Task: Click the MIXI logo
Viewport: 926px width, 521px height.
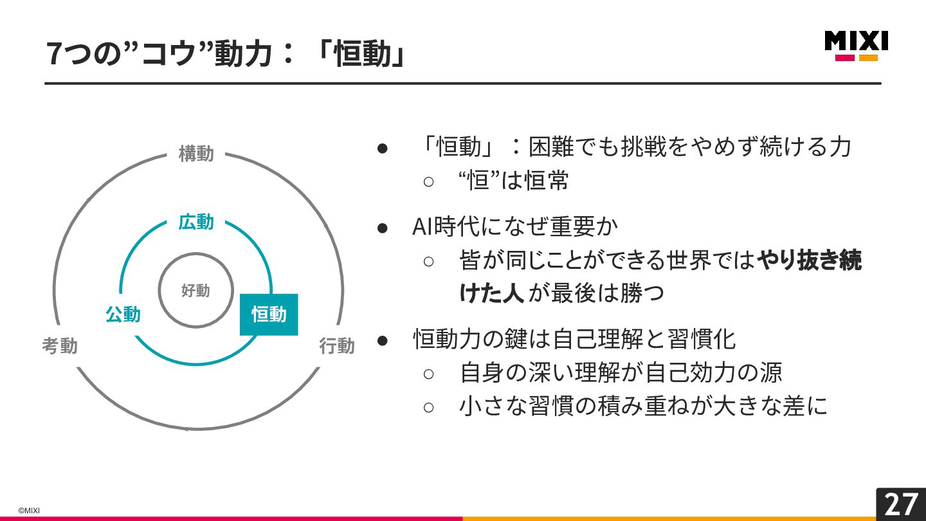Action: pos(856,45)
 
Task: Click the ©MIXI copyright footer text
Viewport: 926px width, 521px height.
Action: pos(29,510)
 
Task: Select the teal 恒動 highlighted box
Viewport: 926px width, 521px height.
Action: pos(269,315)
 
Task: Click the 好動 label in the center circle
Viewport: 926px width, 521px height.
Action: pos(195,291)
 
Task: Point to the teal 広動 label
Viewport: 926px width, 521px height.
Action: pos(196,223)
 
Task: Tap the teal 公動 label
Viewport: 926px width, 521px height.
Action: pos(123,315)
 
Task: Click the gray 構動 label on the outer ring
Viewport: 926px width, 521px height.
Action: pos(196,154)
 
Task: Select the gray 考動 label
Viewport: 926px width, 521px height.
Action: pos(60,346)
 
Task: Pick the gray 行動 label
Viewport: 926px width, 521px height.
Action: pos(336,346)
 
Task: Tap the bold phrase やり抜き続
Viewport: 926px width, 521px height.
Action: pos(809,260)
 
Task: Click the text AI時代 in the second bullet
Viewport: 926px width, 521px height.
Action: pos(444,226)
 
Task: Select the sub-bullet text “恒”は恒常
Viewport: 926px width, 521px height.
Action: pos(514,181)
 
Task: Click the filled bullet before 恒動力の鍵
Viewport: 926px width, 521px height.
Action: pos(383,339)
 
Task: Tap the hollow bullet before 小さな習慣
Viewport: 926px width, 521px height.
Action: pos(429,407)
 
